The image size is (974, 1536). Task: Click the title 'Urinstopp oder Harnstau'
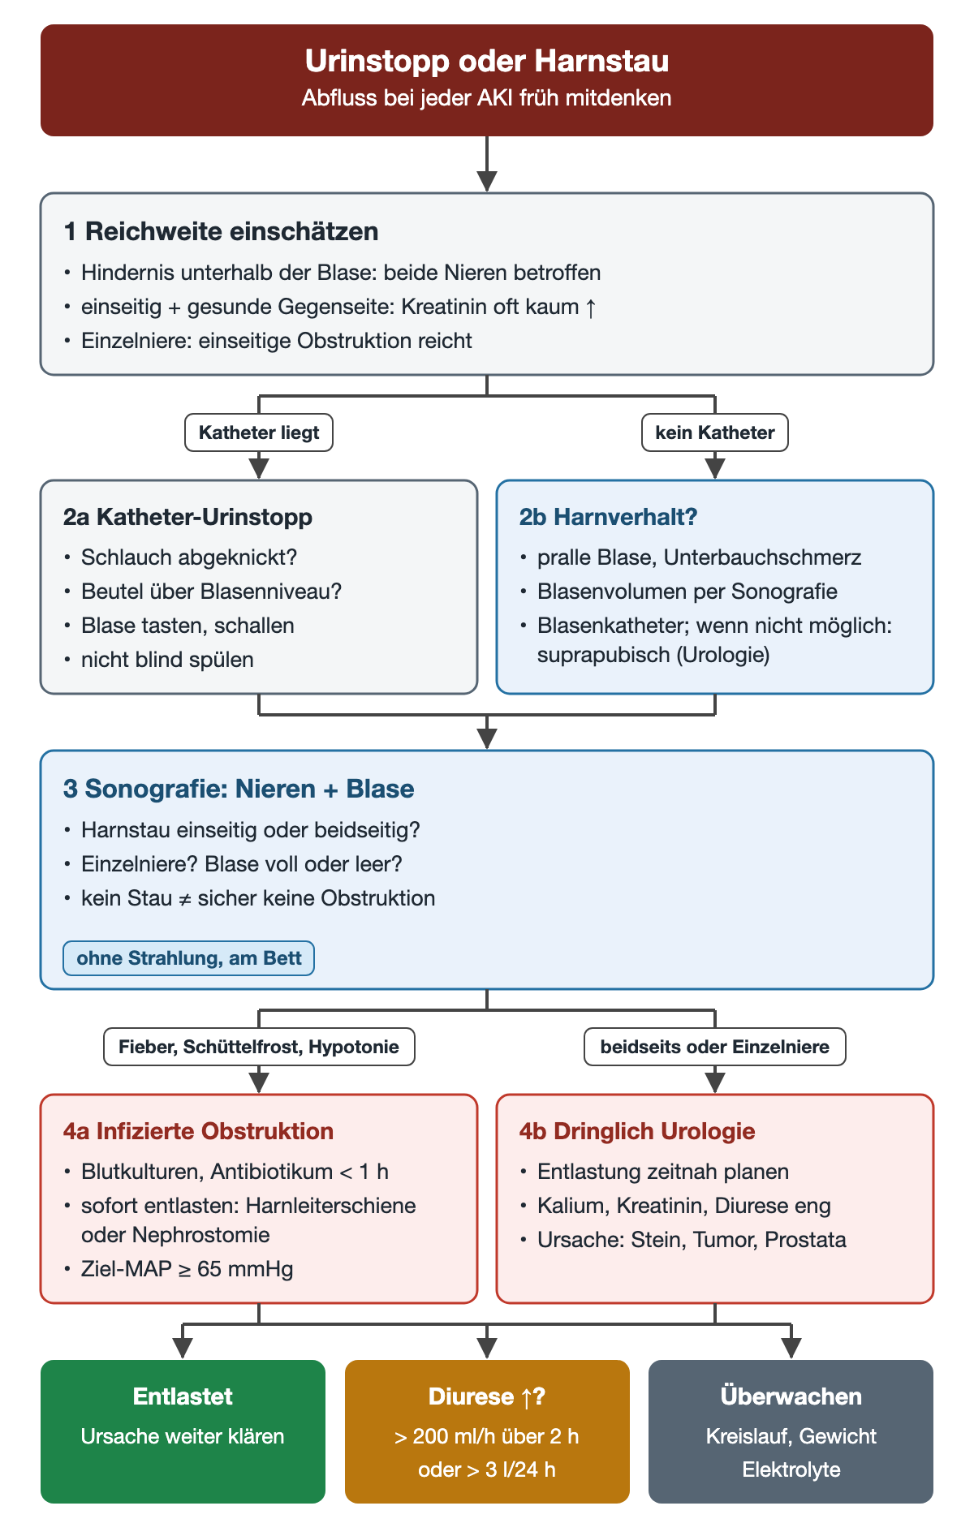coord(487,61)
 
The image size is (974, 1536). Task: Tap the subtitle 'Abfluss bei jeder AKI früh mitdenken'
coord(487,98)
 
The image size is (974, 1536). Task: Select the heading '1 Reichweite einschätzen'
coord(222,231)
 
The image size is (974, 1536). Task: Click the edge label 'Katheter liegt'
coord(259,432)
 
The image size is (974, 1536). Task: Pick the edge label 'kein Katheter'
coord(715,432)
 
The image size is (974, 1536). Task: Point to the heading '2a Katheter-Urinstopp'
coord(188,517)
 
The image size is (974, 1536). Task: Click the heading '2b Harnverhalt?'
coord(609,517)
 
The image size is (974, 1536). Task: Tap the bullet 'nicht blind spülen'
coord(167,660)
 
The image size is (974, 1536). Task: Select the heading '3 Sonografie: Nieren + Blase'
coord(239,789)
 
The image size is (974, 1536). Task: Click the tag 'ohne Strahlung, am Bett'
coord(189,958)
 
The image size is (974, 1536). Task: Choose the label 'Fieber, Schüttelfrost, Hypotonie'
coord(259,1047)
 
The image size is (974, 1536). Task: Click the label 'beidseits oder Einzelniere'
coord(715,1047)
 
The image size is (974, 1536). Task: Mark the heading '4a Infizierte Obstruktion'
coord(199,1131)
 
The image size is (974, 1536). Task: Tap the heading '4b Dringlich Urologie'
coord(637,1131)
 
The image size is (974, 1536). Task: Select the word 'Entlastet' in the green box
coord(183,1396)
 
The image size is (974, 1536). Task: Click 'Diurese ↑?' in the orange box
coord(487,1396)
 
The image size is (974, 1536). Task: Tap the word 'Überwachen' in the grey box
coord(791,1396)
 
